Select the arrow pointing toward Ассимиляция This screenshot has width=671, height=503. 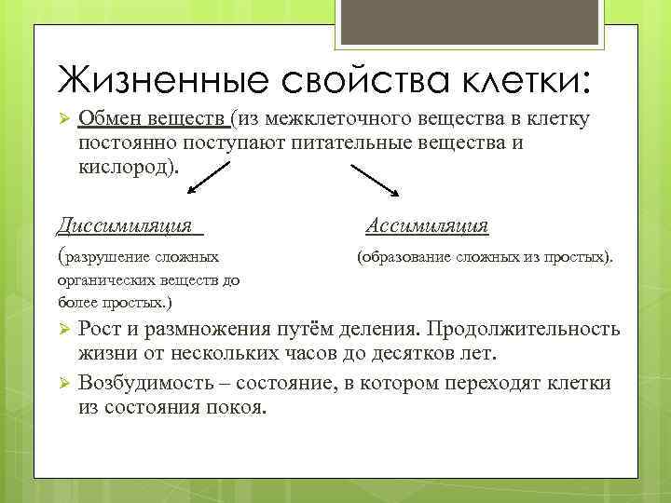(376, 180)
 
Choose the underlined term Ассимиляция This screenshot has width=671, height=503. (427, 225)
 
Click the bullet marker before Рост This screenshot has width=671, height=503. (64, 330)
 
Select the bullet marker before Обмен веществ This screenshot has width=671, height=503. (64, 119)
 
